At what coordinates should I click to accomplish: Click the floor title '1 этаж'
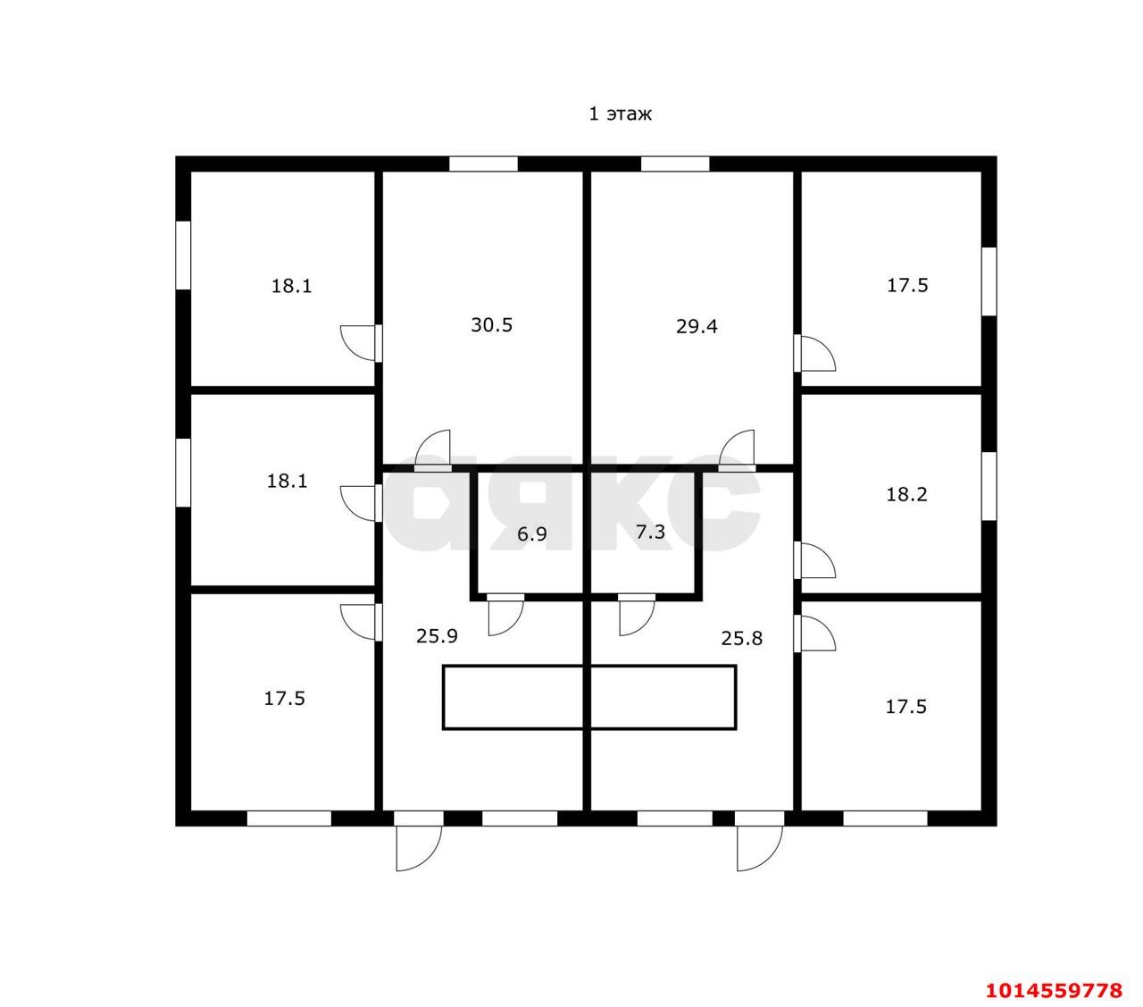point(620,114)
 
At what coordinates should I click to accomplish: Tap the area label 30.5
point(491,325)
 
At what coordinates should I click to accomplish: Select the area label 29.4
point(697,326)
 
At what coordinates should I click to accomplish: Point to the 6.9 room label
point(532,533)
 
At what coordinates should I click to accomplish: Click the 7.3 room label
point(650,532)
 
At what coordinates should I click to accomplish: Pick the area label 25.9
point(437,636)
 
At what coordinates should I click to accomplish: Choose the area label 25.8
point(741,638)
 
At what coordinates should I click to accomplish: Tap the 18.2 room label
point(906,494)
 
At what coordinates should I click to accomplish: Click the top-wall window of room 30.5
point(483,164)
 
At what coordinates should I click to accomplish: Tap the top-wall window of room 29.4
point(675,164)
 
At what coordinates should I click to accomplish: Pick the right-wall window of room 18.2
point(989,486)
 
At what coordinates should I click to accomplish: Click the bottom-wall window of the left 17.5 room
point(288,818)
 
